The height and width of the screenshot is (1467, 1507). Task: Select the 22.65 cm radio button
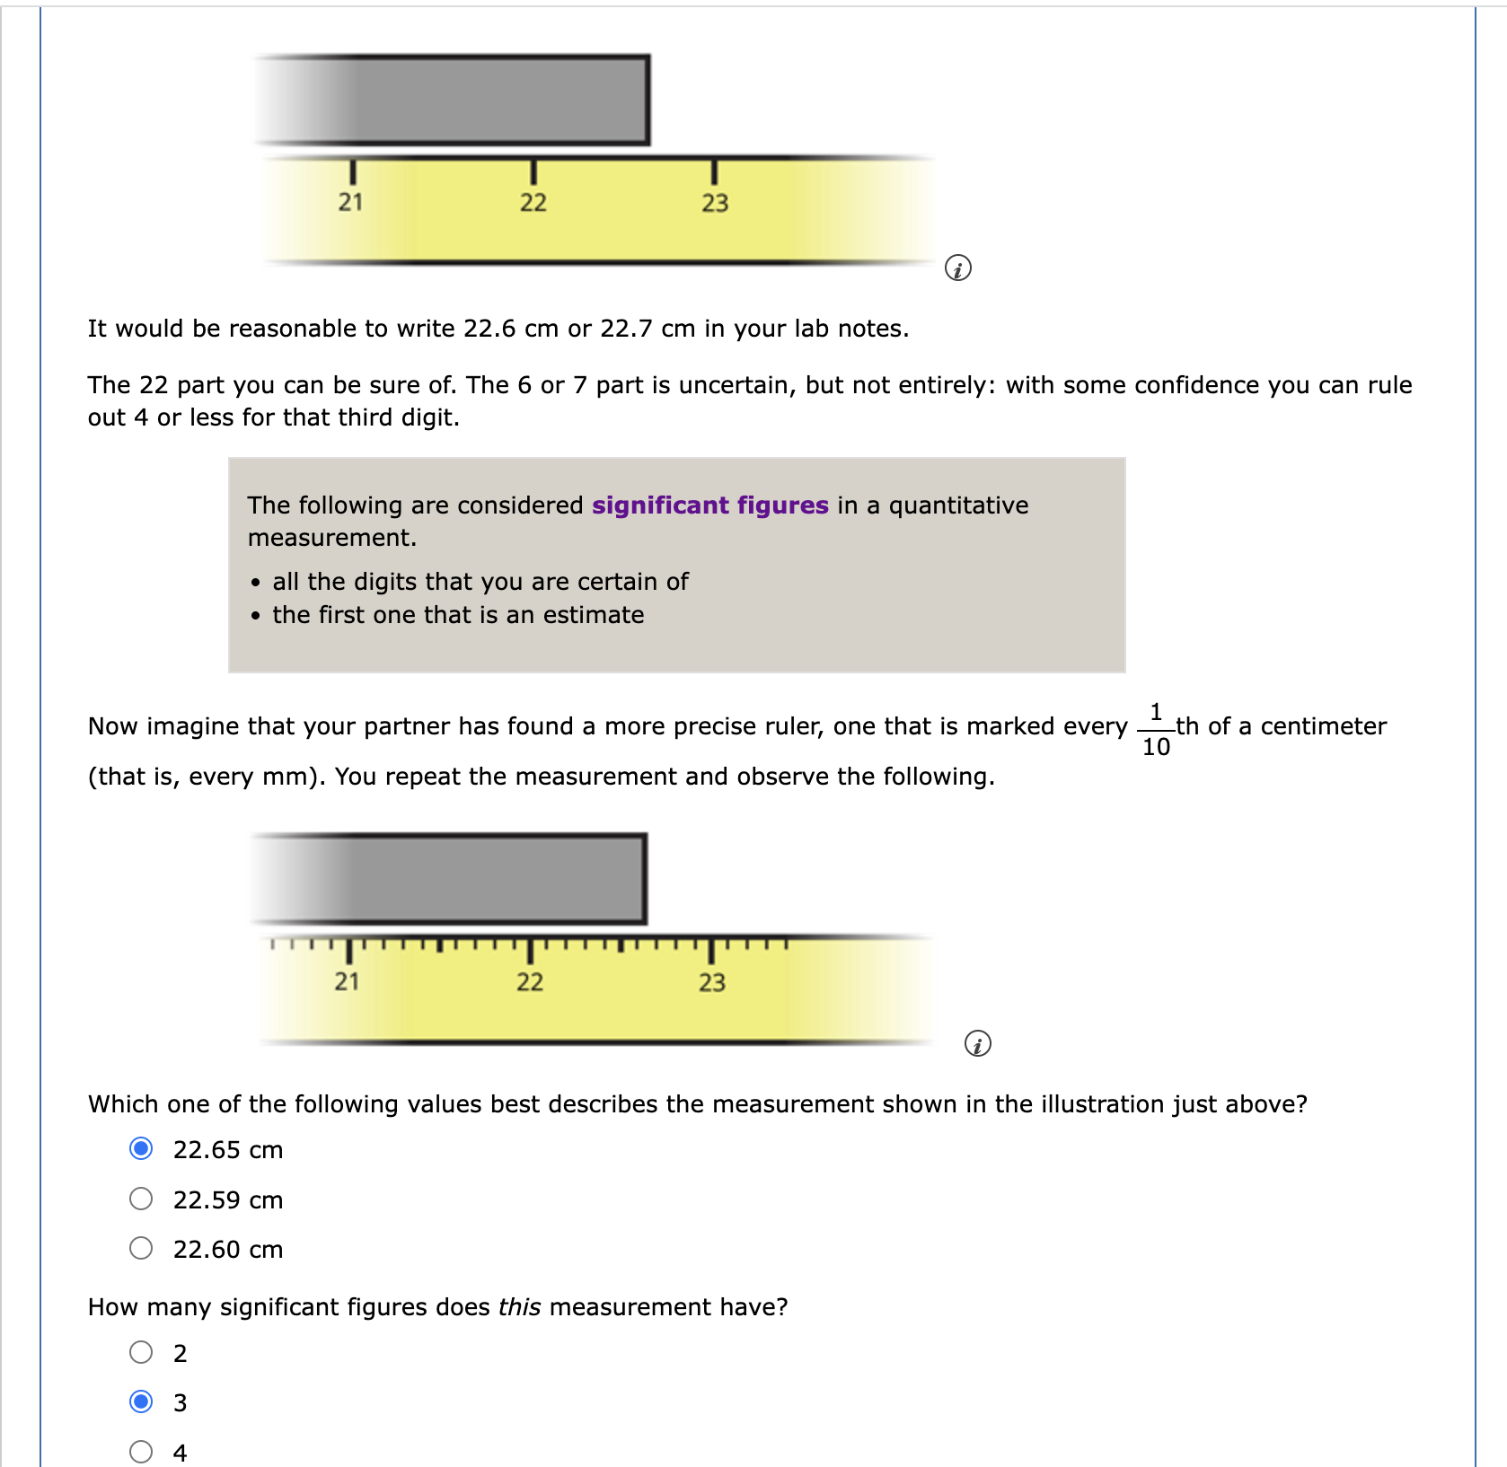[141, 1148]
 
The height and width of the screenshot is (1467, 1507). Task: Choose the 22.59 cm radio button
[141, 1199]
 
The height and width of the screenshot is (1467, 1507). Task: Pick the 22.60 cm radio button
[141, 1248]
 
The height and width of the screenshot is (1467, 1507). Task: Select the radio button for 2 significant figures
[141, 1352]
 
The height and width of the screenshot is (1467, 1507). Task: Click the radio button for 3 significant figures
[141, 1401]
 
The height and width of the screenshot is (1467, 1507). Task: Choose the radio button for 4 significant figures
[141, 1451]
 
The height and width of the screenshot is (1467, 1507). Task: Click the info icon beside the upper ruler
[957, 268]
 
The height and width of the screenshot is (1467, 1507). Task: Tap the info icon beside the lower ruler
[977, 1043]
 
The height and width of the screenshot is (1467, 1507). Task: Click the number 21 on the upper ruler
[350, 202]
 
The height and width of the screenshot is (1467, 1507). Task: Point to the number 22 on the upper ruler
[533, 202]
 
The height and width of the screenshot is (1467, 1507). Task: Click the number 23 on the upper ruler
[715, 203]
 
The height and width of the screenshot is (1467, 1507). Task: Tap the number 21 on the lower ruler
[347, 981]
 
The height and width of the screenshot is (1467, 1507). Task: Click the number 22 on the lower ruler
[529, 981]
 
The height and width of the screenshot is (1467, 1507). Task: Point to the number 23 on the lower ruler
[711, 982]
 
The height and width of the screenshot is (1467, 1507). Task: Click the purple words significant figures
[709, 505]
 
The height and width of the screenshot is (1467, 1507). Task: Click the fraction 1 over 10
[1156, 729]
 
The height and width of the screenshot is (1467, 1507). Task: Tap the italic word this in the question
[519, 1307]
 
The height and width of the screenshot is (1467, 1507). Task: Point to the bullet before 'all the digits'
[256, 583]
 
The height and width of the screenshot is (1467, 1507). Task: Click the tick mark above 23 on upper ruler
[714, 171]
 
